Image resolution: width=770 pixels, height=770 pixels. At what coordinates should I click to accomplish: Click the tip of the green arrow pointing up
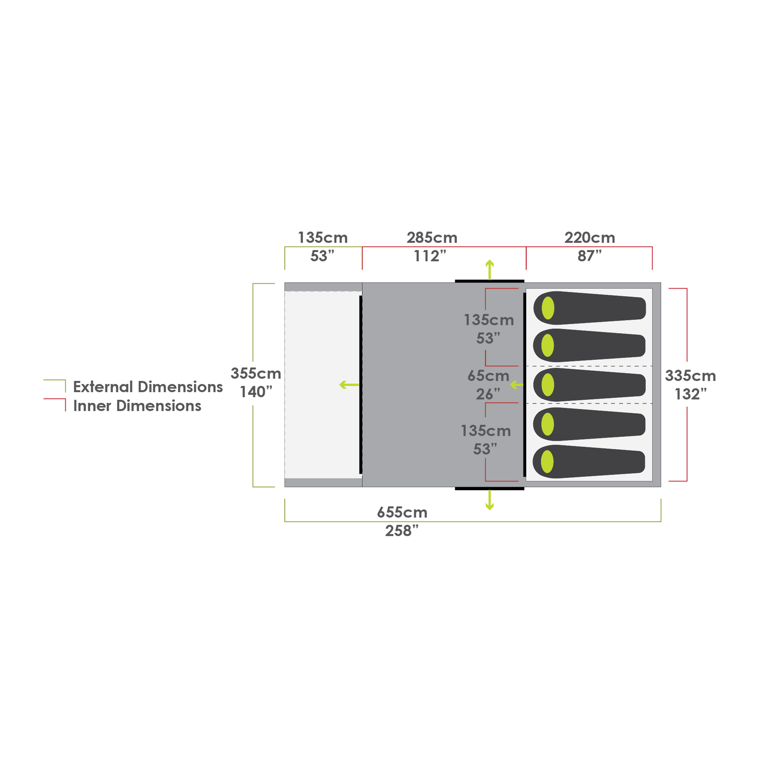pyautogui.click(x=490, y=260)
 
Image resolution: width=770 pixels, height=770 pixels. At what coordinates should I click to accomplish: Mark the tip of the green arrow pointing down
pyautogui.click(x=490, y=510)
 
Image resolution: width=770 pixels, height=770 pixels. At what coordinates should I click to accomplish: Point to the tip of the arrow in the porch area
pyautogui.click(x=340, y=384)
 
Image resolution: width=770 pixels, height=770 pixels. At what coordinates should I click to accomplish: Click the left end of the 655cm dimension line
pyautogui.click(x=285, y=522)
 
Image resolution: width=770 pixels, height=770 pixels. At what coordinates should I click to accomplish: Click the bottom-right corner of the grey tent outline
pyautogui.click(x=661, y=487)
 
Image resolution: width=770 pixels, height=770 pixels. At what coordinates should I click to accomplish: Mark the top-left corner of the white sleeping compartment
pyautogui.click(x=526, y=288)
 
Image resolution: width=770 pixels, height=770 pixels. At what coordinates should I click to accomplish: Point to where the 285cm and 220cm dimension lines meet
pyautogui.click(x=526, y=247)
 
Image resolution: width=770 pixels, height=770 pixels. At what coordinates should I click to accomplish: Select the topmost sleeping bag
pyautogui.click(x=590, y=308)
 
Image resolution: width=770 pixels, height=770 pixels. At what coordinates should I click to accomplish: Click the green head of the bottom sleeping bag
pyautogui.click(x=548, y=462)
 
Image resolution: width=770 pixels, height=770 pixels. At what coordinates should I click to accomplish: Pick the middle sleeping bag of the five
pyautogui.click(x=589, y=384)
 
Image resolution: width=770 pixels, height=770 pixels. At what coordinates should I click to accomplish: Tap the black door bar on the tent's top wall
pyautogui.click(x=490, y=281)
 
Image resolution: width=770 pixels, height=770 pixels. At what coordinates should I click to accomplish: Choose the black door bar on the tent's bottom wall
pyautogui.click(x=490, y=488)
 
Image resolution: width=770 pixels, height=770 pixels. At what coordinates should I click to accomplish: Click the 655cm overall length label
pyautogui.click(x=402, y=512)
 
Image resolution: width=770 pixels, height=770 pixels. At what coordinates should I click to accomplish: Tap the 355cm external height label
pyautogui.click(x=256, y=373)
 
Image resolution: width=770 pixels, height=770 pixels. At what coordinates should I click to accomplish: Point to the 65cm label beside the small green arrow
pyautogui.click(x=488, y=376)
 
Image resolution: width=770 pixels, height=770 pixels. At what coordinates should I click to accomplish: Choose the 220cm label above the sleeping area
pyautogui.click(x=590, y=238)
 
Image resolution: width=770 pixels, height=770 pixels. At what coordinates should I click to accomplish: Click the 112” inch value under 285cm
pyautogui.click(x=430, y=256)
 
